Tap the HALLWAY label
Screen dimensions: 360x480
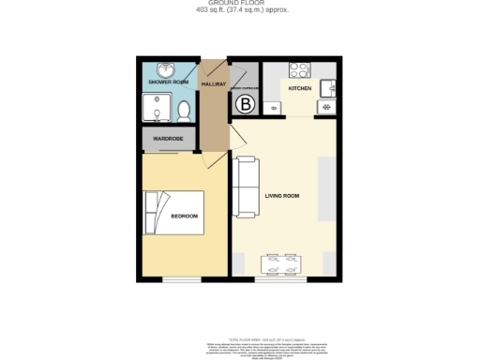(x=215, y=83)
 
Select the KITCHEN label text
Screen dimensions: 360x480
(x=300, y=88)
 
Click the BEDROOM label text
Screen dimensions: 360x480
(x=185, y=217)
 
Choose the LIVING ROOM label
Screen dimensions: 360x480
(x=282, y=196)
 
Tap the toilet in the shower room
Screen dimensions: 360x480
(x=184, y=112)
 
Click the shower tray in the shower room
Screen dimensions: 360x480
(x=153, y=110)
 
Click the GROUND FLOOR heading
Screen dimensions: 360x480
(x=240, y=4)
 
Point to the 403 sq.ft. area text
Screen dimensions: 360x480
(x=240, y=10)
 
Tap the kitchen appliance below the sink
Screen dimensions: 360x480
(x=326, y=107)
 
